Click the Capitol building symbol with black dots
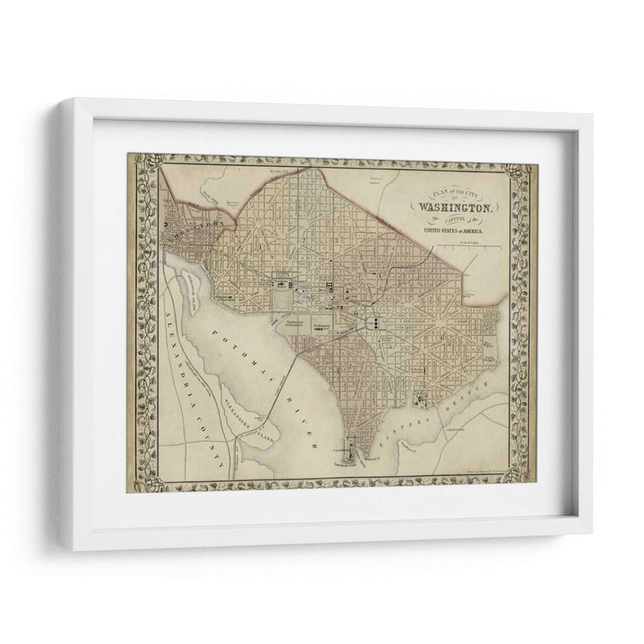click(375, 322)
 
